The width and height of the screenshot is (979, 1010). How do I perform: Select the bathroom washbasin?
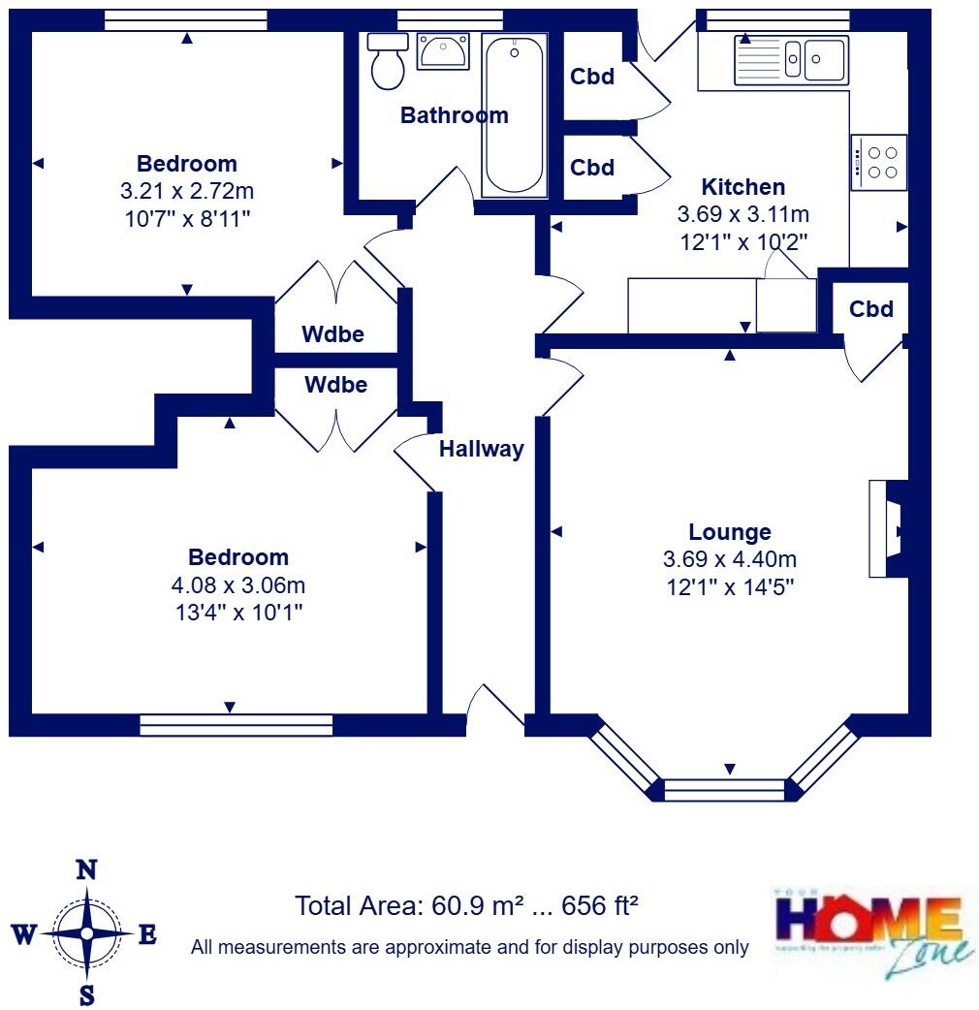443,50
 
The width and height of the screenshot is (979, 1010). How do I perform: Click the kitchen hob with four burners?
880,162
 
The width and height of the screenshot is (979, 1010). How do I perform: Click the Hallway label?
481,449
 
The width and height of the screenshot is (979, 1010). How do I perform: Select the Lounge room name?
730,532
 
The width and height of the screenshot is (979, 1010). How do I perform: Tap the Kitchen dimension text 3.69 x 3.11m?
742,214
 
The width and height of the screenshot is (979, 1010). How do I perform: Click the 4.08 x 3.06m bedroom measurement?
237,584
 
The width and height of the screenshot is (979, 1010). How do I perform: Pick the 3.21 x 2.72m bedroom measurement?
187,191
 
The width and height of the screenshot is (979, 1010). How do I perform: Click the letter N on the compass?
86,869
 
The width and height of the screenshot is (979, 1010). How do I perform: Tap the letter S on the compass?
87,994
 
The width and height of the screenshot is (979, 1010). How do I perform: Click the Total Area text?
466,906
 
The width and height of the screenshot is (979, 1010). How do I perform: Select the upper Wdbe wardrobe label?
332,335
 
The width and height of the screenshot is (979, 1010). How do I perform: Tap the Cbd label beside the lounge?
870,309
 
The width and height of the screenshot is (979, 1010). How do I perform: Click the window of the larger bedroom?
236,725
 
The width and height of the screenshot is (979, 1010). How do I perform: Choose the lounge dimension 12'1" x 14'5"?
730,586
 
